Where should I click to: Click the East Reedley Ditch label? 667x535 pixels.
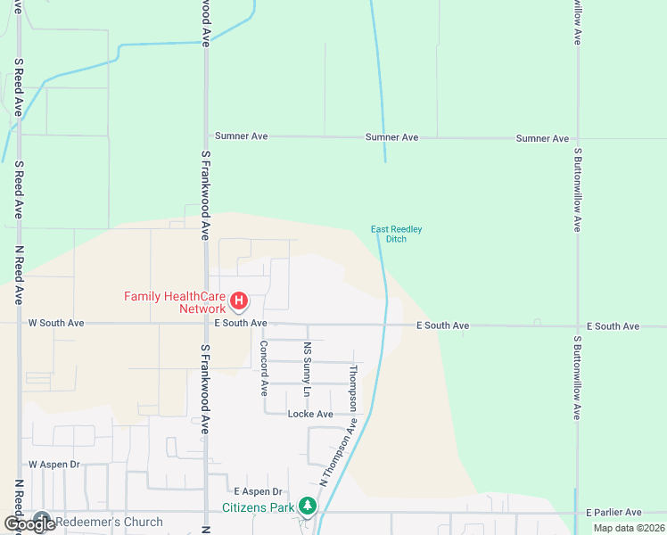click(396, 235)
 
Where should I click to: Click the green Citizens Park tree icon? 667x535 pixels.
click(308, 506)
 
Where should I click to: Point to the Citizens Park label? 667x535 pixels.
click(259, 507)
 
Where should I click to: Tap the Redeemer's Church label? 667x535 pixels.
click(109, 522)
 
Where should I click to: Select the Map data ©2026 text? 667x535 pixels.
click(628, 528)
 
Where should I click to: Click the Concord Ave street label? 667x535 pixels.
click(264, 367)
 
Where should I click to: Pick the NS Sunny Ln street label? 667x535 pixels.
click(308, 369)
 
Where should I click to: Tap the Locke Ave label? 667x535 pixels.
click(310, 414)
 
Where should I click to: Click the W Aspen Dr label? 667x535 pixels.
click(54, 465)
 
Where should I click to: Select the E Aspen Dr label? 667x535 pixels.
click(258, 491)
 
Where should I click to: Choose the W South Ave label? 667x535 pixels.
click(56, 323)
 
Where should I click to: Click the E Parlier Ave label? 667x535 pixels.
click(613, 513)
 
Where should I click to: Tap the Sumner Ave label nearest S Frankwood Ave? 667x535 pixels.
click(241, 136)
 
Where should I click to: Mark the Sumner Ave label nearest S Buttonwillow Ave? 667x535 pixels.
click(542, 138)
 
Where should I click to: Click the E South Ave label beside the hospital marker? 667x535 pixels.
click(240, 323)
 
